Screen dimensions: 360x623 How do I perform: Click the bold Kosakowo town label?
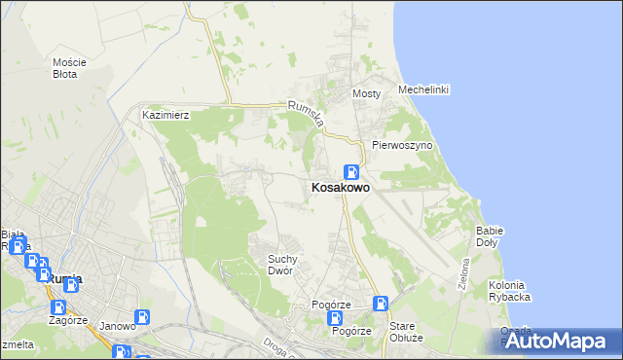point(340,188)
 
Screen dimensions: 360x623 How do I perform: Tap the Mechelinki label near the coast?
point(422,90)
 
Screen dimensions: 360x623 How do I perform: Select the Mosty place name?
point(365,93)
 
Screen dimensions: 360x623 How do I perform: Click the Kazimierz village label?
point(165,115)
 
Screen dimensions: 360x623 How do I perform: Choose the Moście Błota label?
point(69,67)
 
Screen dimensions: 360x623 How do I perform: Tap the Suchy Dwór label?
point(289,264)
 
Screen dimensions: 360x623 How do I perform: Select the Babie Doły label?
point(489,236)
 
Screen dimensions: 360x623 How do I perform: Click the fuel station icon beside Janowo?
point(143,316)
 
